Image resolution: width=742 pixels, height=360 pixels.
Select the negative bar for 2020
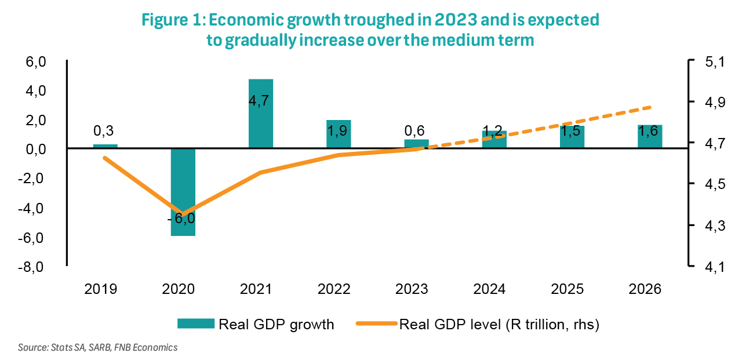(183, 192)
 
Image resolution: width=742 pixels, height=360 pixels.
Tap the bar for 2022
(338, 134)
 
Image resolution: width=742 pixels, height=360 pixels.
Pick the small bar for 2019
(105, 146)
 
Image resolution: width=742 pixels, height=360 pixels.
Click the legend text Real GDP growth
(276, 324)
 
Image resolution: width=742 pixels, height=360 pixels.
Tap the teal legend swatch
(195, 324)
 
